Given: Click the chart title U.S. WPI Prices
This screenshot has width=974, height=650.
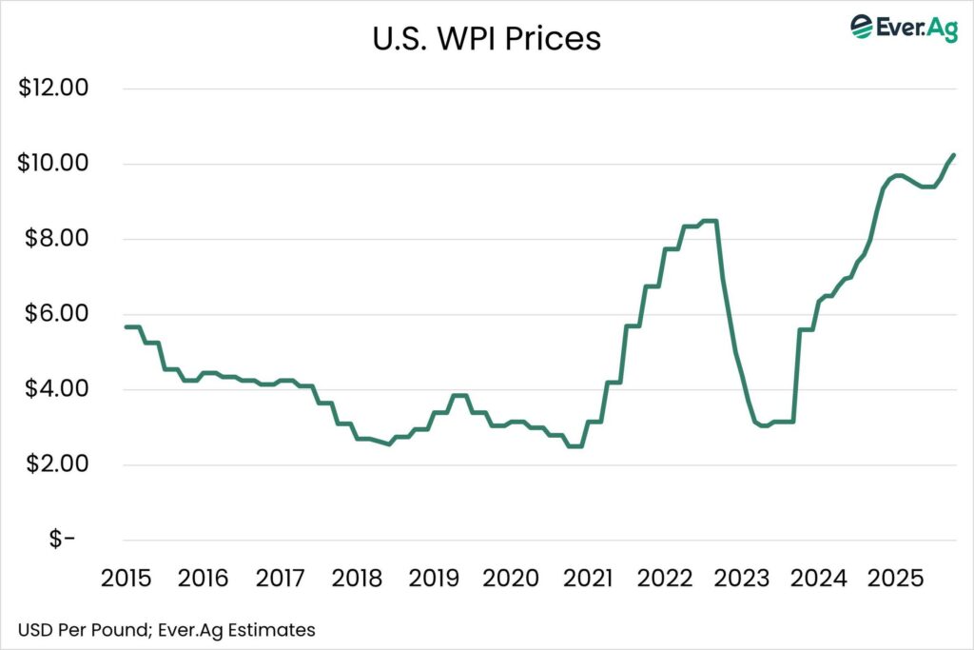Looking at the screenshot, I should (486, 40).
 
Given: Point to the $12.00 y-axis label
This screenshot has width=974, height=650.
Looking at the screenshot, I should (54, 89).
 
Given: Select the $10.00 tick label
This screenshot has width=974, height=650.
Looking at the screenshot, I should (54, 164).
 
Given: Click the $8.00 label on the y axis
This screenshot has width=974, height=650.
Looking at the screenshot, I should (54, 239).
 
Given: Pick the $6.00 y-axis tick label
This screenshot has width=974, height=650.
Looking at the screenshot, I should (54, 314).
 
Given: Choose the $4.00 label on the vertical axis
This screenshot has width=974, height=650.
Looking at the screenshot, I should (54, 389).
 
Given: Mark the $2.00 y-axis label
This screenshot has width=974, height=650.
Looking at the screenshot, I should (54, 464).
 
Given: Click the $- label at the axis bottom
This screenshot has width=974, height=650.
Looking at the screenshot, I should (62, 540).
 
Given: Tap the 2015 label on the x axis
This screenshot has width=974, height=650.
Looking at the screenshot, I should (126, 578).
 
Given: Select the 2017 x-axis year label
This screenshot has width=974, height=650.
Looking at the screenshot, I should (281, 578).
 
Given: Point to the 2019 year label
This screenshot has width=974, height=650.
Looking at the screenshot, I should (435, 578).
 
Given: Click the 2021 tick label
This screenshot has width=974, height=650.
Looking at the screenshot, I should (590, 578).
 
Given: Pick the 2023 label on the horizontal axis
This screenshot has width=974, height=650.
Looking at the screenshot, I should (744, 578).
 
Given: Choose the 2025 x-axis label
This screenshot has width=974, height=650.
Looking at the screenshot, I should (899, 578).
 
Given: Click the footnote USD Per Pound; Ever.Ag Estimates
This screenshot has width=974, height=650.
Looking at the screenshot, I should (166, 629).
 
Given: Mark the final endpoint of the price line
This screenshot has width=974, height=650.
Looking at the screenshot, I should (953, 155).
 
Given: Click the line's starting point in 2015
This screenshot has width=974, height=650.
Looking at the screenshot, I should (126, 327).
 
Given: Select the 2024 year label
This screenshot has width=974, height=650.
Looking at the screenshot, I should (822, 578).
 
